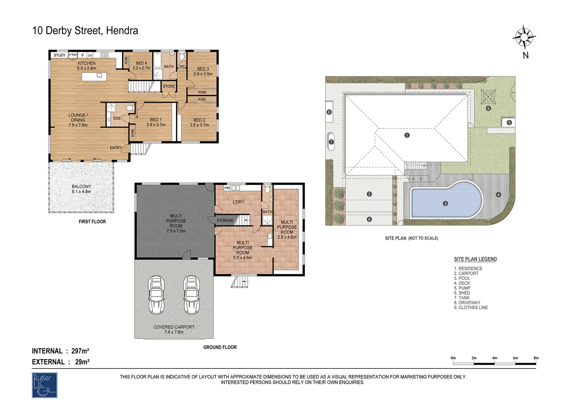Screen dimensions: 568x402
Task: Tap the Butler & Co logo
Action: (x=44, y=385)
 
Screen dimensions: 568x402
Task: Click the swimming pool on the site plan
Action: (x=446, y=200)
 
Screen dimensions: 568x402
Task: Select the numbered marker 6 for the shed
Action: (x=329, y=112)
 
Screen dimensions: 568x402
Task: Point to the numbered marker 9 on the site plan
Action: (x=488, y=108)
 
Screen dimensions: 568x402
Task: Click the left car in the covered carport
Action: (x=156, y=295)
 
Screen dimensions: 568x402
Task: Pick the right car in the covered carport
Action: (x=191, y=295)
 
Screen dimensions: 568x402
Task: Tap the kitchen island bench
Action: (x=94, y=77)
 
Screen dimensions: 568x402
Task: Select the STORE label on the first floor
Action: (x=169, y=86)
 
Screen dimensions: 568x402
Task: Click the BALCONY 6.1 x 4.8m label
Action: (x=81, y=189)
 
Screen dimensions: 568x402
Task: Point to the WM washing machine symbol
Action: (x=227, y=188)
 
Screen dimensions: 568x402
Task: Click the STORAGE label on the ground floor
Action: (x=225, y=220)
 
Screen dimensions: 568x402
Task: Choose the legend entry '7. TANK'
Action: (x=462, y=298)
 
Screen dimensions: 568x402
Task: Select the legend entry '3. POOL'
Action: (x=462, y=278)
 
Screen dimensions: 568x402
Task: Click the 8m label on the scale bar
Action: (x=536, y=358)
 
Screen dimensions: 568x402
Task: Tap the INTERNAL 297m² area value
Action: (x=80, y=351)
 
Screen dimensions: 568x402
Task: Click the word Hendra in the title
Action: (x=122, y=31)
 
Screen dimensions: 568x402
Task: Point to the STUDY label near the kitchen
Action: (x=59, y=55)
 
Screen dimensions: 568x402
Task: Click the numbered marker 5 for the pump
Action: (x=509, y=123)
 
